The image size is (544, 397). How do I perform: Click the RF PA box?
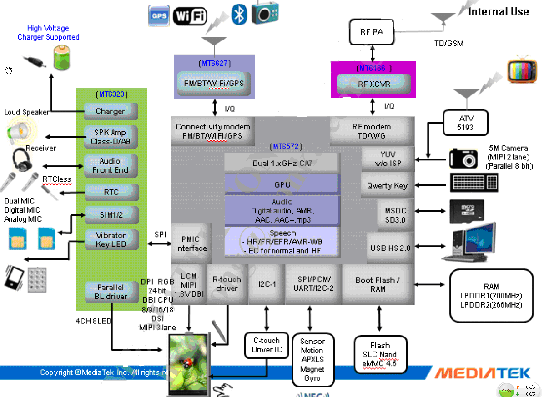click(x=372, y=32)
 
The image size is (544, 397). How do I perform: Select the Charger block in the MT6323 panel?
click(x=111, y=111)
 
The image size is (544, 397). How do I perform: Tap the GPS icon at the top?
click(x=159, y=15)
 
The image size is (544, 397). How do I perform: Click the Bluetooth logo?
click(x=239, y=14)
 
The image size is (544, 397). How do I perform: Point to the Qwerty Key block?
click(x=387, y=185)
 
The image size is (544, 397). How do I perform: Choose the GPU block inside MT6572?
click(x=282, y=184)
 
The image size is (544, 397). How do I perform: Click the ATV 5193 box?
click(x=465, y=123)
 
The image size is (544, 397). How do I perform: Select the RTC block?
click(x=111, y=192)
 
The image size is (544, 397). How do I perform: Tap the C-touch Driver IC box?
click(x=267, y=345)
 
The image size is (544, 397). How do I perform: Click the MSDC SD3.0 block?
click(x=395, y=215)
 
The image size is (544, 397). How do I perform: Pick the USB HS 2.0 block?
click(x=390, y=248)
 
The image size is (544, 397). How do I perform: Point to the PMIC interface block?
click(x=191, y=244)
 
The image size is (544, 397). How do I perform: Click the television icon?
click(x=522, y=71)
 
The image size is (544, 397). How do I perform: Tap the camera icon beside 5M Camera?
click(x=463, y=158)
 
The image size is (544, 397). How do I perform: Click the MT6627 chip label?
click(x=213, y=63)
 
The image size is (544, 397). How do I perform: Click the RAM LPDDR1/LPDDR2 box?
click(x=491, y=296)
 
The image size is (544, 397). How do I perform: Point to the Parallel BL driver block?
click(x=111, y=292)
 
